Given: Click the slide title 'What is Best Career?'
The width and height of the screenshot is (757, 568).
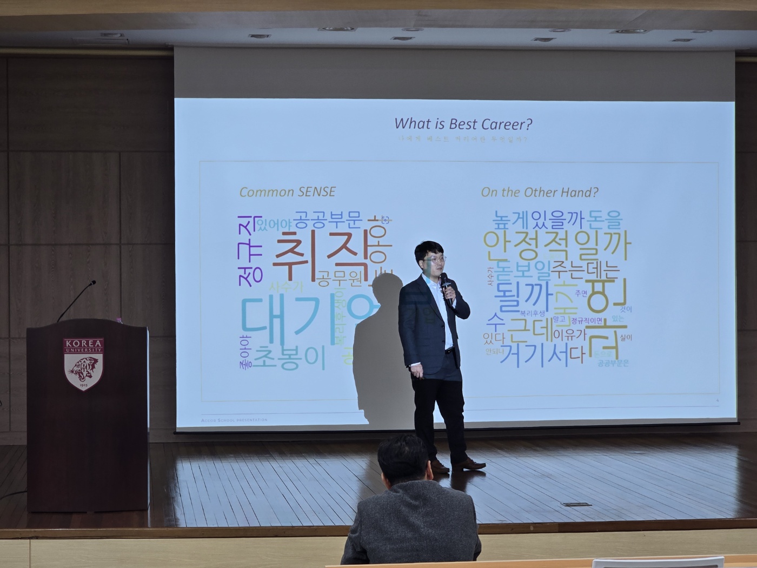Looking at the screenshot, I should pos(463,124).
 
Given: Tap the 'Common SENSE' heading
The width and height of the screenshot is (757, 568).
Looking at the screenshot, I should pos(287,192).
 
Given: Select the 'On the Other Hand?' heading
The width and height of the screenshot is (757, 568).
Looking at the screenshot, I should pos(540,192).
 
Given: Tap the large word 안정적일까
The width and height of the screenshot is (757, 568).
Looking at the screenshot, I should pos(557,245).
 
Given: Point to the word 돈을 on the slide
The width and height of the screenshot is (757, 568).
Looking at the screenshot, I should pos(605,220).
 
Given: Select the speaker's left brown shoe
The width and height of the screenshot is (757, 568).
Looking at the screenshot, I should pos(468,464).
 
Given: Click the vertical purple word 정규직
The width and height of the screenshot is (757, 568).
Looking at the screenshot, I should pos(249,248).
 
